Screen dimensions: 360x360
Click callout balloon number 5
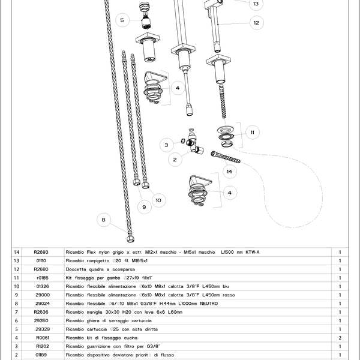[x=122, y=20]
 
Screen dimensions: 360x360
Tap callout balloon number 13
[x=256, y=4]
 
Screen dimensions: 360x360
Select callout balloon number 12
[x=256, y=23]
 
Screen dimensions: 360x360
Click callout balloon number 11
[x=253, y=131]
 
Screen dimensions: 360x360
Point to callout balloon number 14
[x=228, y=172]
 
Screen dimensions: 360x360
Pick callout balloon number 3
[x=168, y=145]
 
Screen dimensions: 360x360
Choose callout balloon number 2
[x=175, y=159]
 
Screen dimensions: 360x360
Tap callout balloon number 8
[x=103, y=220]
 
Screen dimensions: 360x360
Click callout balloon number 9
[x=143, y=207]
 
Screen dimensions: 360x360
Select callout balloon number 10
[x=158, y=200]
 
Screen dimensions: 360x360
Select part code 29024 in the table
[x=42, y=304]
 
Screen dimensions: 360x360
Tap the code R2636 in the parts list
[x=42, y=312]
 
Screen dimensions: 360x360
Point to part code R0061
[x=42, y=338]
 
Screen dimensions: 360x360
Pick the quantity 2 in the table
[x=340, y=338]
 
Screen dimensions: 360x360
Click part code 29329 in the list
[x=42, y=329]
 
